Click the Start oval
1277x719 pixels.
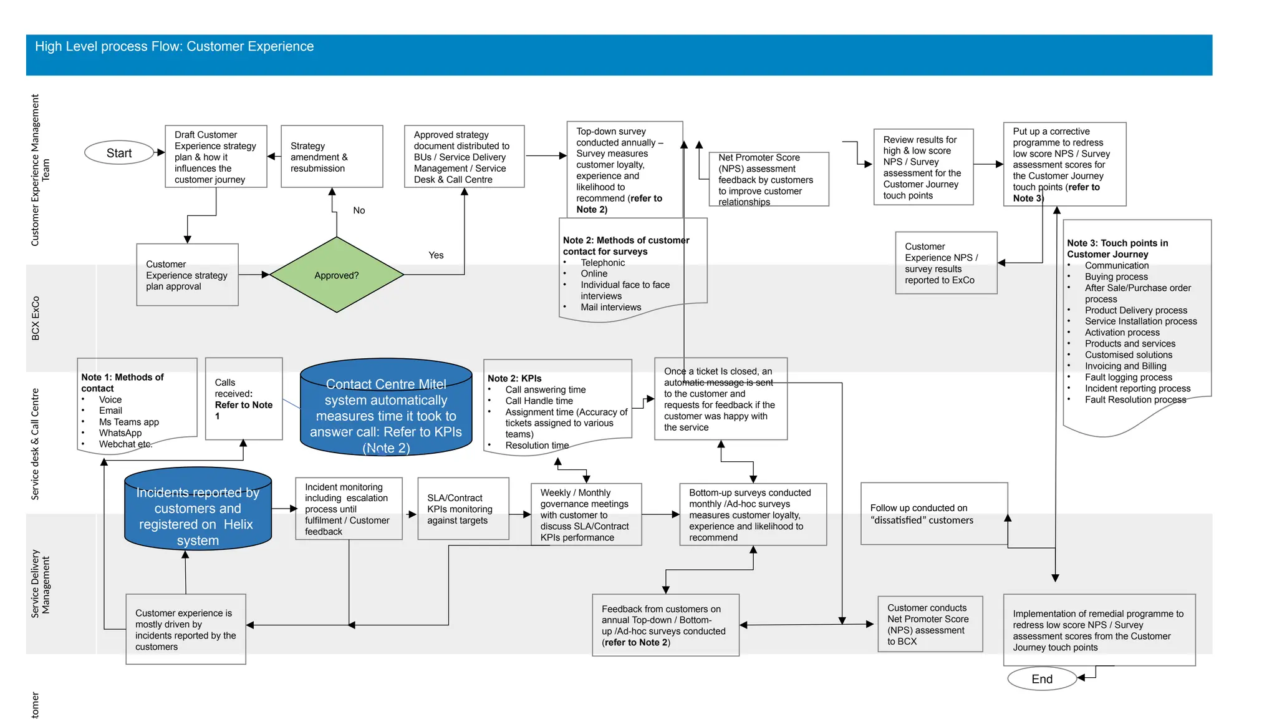pyautogui.click(x=119, y=153)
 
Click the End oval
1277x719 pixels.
pyautogui.click(x=1041, y=679)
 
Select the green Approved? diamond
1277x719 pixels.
pyautogui.click(x=337, y=275)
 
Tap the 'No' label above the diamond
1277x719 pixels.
pyautogui.click(x=359, y=210)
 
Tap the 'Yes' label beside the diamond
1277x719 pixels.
pyautogui.click(x=436, y=255)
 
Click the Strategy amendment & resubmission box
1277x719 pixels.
pyautogui.click(x=332, y=157)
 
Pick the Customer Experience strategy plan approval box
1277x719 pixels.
pyautogui.click(x=187, y=275)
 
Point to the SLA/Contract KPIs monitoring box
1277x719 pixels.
pyautogui.click(x=463, y=509)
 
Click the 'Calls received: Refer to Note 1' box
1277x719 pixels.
pyautogui.click(x=244, y=399)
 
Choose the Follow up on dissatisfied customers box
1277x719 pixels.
pyautogui.click(x=933, y=514)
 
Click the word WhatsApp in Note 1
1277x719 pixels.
pyautogui.click(x=120, y=433)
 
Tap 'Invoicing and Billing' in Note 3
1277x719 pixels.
pyautogui.click(x=1125, y=366)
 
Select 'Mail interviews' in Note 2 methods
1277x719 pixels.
pyautogui.click(x=610, y=307)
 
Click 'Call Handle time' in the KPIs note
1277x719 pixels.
pyautogui.click(x=539, y=401)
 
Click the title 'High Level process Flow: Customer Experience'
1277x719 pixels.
pyautogui.click(x=175, y=47)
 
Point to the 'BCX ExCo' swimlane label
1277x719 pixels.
pyautogui.click(x=36, y=318)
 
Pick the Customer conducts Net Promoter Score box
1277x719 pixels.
pyautogui.click(x=930, y=624)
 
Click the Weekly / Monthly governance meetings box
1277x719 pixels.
pyautogui.click(x=585, y=515)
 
